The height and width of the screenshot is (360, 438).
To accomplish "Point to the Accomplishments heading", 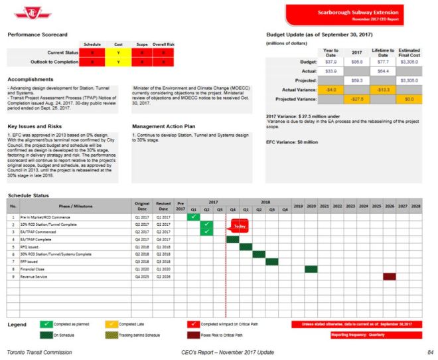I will click(32, 79).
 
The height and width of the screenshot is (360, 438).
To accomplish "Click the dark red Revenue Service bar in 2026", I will click(390, 276).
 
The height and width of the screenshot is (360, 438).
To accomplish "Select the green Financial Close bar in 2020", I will click(311, 268).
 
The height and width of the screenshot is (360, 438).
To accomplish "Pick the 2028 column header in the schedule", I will click(416, 207).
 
